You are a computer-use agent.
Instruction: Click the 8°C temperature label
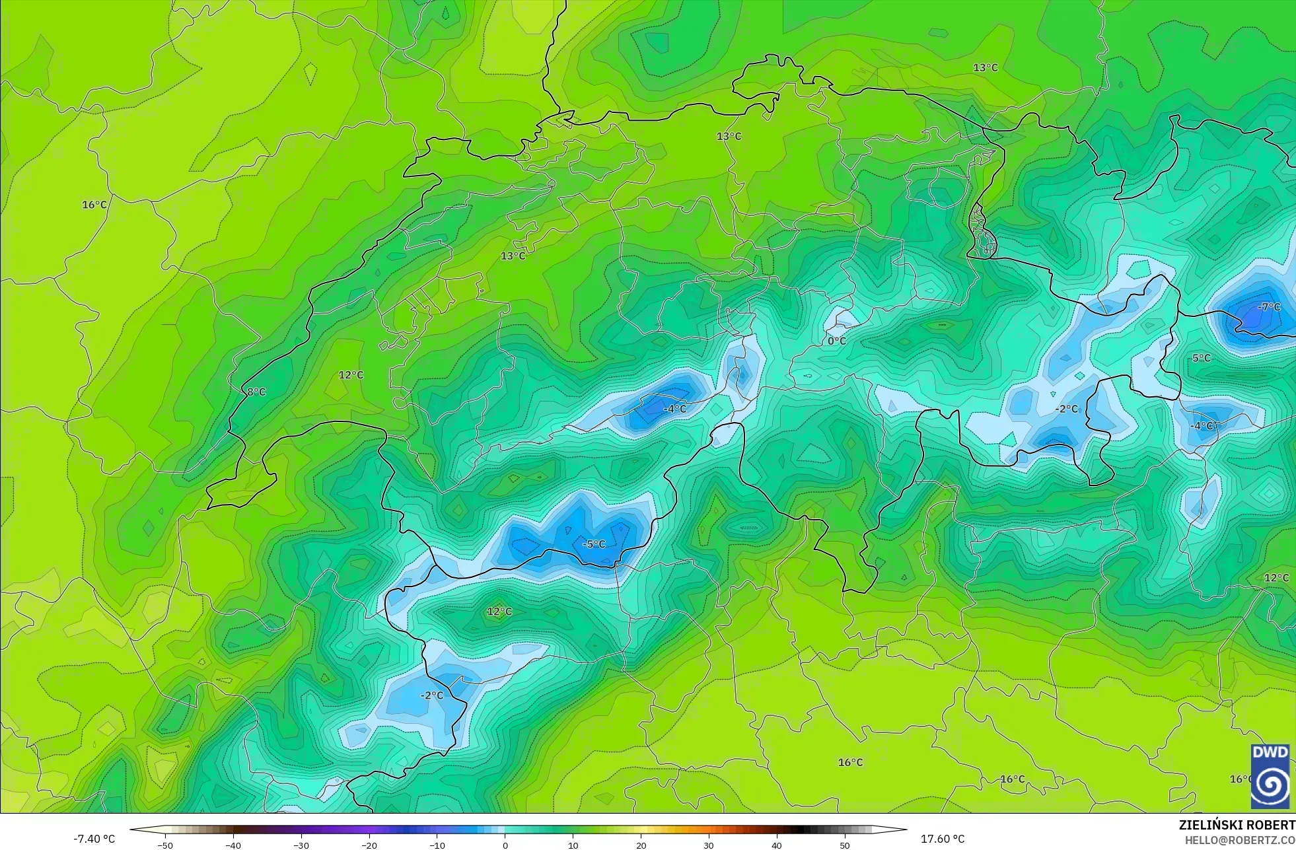point(256,392)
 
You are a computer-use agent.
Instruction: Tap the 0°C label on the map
point(837,341)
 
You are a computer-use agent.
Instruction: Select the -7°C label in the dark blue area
point(1268,307)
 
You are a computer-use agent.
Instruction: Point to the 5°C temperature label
point(1202,358)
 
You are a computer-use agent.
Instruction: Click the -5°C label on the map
point(594,544)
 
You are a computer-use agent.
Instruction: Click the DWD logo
point(1270,776)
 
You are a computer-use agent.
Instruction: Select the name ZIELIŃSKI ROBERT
point(1237,825)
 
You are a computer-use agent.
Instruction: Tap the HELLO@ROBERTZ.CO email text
point(1239,840)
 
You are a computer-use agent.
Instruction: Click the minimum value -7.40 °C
point(94,839)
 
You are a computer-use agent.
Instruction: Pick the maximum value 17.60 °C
point(943,839)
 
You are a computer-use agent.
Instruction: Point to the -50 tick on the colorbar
point(165,845)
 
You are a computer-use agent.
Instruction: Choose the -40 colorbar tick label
point(233,845)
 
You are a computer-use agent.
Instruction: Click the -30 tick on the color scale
point(301,845)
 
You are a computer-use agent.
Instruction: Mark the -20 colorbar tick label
point(369,845)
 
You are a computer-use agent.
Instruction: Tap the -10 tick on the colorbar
point(437,845)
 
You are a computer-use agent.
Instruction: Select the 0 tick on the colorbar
point(505,845)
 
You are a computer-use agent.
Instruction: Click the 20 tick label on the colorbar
point(641,845)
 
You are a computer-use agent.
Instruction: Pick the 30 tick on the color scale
point(709,845)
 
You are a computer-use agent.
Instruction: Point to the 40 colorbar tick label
point(777,845)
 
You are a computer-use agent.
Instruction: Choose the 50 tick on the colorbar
point(845,845)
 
